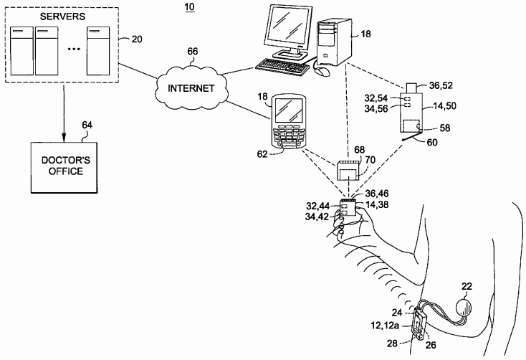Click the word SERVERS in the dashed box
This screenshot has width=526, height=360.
pos(62,16)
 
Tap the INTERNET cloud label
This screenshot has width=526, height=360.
pos(191,88)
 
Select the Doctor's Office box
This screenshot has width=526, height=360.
pos(64,167)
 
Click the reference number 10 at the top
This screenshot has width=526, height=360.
pos(189,6)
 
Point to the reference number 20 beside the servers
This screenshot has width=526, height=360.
pos(137,39)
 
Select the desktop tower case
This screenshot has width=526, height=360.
pos(334,42)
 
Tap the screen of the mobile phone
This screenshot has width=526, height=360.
pos(290,110)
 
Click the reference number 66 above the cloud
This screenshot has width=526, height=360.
pos(193,52)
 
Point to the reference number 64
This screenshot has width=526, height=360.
pos(87,125)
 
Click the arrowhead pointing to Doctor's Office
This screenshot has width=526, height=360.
pos(64,137)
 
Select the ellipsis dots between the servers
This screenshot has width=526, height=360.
pos(74,49)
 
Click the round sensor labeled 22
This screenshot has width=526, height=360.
pos(464,307)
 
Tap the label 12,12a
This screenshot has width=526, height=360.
pos(385,325)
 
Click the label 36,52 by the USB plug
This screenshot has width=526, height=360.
pos(441,85)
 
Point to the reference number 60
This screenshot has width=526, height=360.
pos(432,143)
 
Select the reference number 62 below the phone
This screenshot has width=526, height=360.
pos(262,154)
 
